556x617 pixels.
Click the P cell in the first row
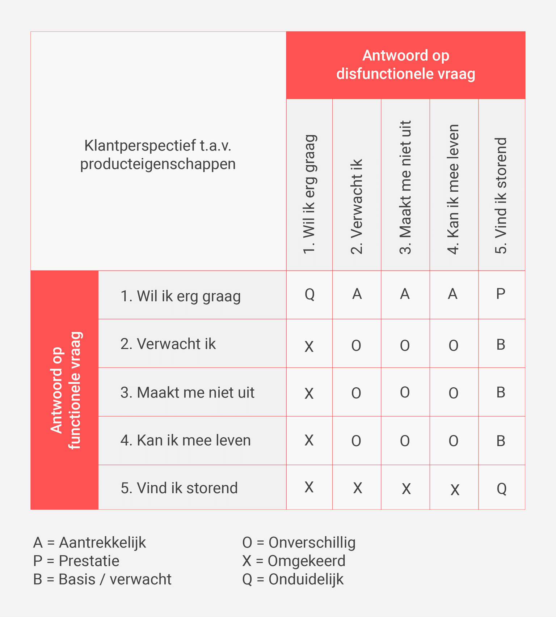coord(501,294)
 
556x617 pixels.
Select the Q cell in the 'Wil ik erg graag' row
coord(309,294)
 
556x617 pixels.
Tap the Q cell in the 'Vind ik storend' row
coord(501,489)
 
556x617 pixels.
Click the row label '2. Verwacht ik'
coord(168,344)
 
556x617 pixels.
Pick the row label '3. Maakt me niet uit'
coord(187,392)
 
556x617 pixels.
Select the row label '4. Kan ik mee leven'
coord(185,441)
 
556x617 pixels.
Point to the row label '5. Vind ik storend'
coord(179,488)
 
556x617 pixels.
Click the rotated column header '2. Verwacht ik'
coord(357,206)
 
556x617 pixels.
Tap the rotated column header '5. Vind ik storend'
coord(501,195)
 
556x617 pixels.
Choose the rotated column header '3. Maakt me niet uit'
coord(405,187)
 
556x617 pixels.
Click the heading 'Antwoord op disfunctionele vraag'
coord(405,65)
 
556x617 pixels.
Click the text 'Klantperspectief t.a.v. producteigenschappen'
coord(158,155)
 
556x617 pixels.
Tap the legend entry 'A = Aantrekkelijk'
coord(89,542)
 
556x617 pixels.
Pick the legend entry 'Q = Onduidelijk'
coord(292,579)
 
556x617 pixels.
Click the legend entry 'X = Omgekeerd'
coord(294,561)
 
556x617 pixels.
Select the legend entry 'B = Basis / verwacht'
coord(102,579)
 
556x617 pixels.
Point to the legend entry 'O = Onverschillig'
coord(299,542)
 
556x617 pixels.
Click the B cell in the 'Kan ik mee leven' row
coord(501,441)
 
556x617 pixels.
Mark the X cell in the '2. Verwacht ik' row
coord(309,346)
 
